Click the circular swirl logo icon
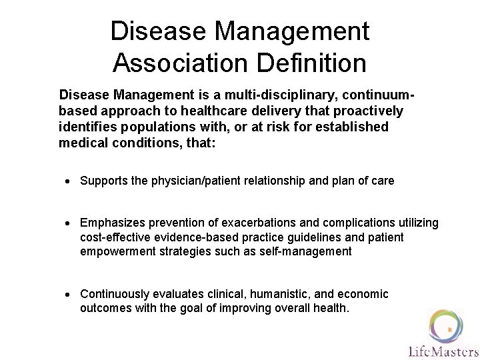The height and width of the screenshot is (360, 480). pos(446,324)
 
